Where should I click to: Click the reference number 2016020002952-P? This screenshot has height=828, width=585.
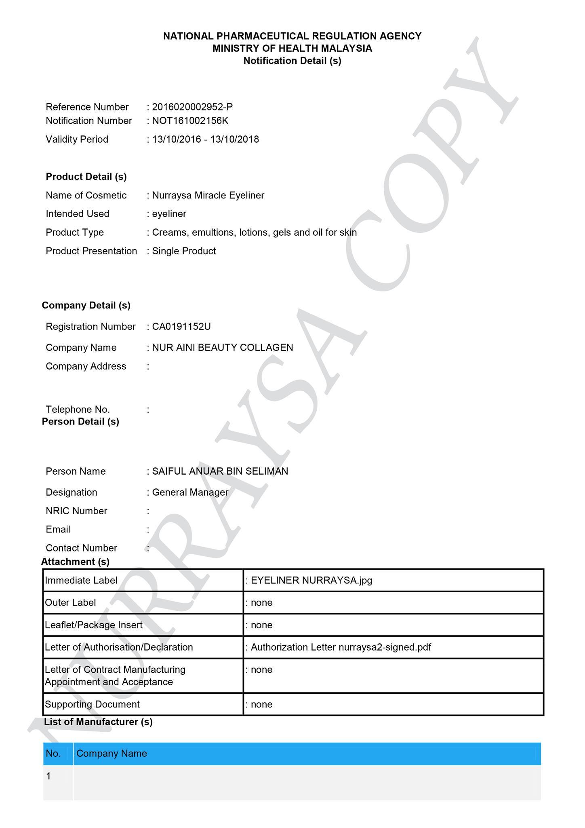(192, 107)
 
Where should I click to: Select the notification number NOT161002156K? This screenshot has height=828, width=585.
(190, 121)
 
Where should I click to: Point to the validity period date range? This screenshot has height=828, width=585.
(205, 139)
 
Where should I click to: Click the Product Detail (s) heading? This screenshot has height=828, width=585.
(86, 177)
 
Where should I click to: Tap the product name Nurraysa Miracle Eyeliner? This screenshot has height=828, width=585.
(208, 195)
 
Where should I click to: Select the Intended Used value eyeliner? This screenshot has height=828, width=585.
(169, 214)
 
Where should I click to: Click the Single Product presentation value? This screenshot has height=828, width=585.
(184, 251)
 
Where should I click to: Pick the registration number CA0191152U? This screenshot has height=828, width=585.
(181, 327)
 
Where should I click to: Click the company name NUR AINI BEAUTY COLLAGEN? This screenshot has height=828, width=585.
(223, 348)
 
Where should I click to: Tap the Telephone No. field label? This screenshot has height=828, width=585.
(78, 409)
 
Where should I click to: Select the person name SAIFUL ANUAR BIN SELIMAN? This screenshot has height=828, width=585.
(220, 471)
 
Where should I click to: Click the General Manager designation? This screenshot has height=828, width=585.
(190, 492)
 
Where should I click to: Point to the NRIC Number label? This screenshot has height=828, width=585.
(76, 511)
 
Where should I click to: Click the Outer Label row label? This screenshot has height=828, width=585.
(70, 603)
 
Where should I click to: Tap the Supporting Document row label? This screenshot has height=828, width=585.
(92, 704)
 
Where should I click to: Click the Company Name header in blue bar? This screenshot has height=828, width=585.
(112, 754)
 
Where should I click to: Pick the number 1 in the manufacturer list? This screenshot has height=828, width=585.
(49, 776)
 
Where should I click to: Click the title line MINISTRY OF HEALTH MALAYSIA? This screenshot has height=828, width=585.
(292, 49)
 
